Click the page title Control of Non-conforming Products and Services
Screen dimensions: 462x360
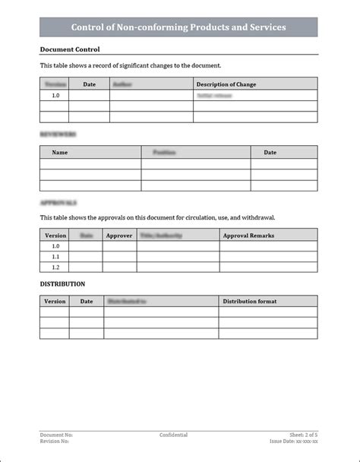[x=178, y=27]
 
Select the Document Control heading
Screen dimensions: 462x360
[x=69, y=49]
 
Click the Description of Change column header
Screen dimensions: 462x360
[x=226, y=84]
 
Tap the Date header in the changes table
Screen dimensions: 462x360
[x=89, y=84]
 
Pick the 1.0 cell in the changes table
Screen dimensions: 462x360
[x=55, y=97]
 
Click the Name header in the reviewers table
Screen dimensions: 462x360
[x=60, y=152]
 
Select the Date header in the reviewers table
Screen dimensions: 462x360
[x=270, y=152]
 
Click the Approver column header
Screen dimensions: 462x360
[x=119, y=236]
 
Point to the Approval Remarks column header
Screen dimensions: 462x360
[x=248, y=236]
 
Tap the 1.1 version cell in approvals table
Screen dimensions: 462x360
[x=55, y=257]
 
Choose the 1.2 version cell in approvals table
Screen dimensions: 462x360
[x=55, y=267]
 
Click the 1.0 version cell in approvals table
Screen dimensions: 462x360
[x=55, y=246]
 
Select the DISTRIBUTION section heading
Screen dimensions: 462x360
[x=62, y=283]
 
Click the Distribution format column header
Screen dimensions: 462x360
[x=249, y=301]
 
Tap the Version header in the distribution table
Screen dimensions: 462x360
[x=55, y=301]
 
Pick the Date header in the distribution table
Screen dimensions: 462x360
[x=87, y=301]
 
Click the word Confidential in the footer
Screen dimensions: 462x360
[x=173, y=435]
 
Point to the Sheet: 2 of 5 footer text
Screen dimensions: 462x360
[x=304, y=435]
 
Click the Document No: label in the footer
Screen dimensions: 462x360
[x=56, y=435]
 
